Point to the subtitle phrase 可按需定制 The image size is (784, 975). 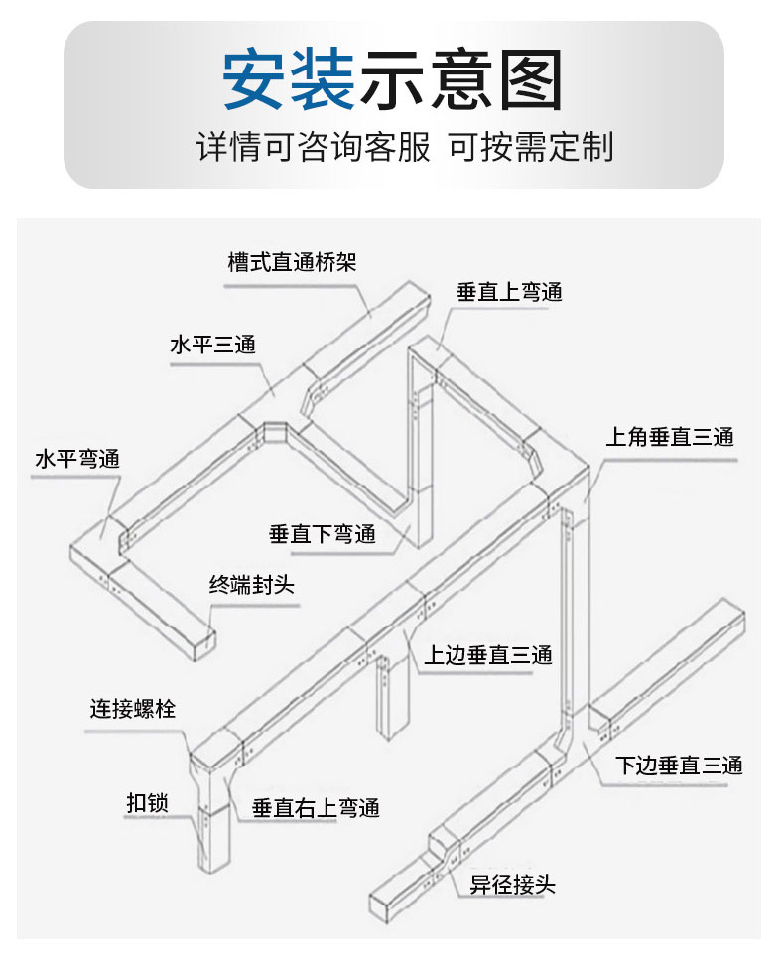(531, 147)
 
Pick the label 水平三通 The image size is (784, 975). (212, 346)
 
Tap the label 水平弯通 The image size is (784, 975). (76, 459)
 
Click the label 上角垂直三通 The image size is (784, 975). (670, 437)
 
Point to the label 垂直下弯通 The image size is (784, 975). (323, 534)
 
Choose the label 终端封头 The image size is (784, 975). (252, 586)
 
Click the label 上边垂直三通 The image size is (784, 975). (488, 655)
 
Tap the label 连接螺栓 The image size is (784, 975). (133, 709)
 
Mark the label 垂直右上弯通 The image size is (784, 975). (316, 808)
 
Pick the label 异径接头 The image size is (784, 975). (512, 884)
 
